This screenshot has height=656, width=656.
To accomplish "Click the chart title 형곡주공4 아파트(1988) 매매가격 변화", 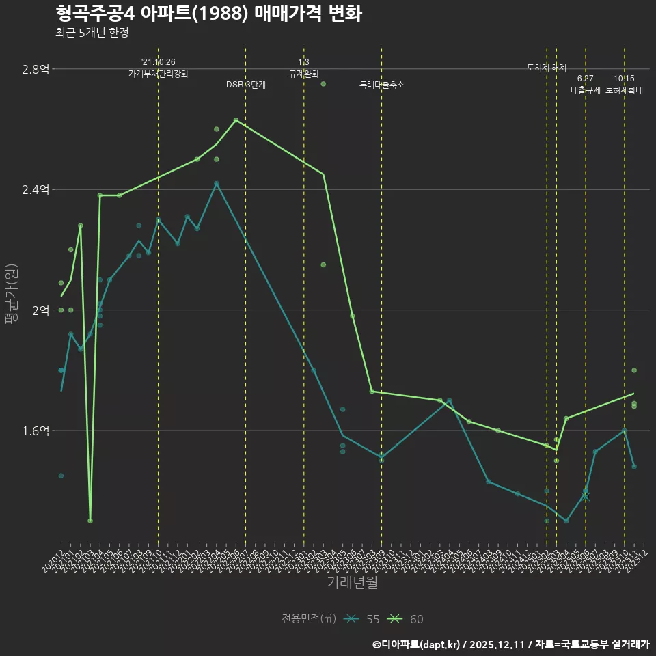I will (x=208, y=13).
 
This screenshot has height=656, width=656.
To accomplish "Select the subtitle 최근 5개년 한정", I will (x=92, y=33).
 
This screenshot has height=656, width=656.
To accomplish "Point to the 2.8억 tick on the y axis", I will (x=35, y=69).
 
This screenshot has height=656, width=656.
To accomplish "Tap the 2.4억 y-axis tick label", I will (x=35, y=189).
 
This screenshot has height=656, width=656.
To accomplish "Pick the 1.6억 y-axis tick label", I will (x=35, y=430).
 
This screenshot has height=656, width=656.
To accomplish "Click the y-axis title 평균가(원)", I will (x=12, y=294).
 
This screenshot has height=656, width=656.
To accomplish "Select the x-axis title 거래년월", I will (x=352, y=582).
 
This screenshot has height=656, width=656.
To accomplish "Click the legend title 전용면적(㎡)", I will (x=309, y=619).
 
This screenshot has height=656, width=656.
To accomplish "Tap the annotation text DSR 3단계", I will (x=246, y=85).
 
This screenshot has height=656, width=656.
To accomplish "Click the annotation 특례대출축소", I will (x=382, y=85).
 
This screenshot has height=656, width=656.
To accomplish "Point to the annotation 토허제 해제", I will (x=547, y=68).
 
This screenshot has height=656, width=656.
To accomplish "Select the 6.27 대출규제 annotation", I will (x=586, y=85).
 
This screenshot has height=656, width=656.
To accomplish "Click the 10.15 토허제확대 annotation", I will (x=624, y=85).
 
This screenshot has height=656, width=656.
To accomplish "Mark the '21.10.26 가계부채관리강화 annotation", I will (x=158, y=68).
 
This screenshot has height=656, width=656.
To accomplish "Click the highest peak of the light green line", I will (x=236, y=120).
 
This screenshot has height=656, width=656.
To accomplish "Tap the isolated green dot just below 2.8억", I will (x=323, y=84).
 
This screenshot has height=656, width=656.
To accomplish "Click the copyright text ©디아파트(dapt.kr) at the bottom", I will (x=417, y=644).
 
